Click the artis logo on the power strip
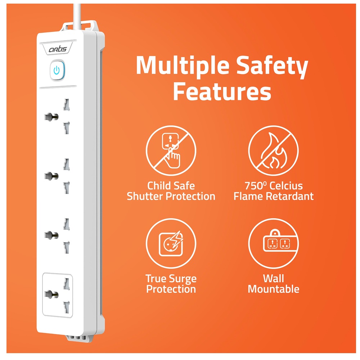point(58,49)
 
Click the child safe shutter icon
point(171,150)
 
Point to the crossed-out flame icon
point(274,150)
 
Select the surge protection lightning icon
point(171,243)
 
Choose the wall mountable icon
point(274,243)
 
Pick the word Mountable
point(274,289)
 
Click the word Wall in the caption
point(274,278)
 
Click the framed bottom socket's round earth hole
point(51,294)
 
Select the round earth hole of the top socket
point(51,117)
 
